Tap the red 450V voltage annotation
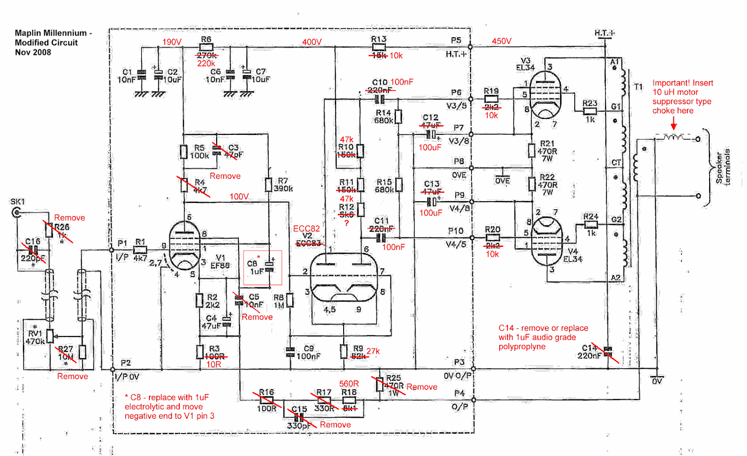(501, 41)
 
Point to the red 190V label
(171, 42)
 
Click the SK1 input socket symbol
(16, 213)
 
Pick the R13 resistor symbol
(379, 47)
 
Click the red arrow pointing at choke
(674, 124)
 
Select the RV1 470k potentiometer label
(35, 337)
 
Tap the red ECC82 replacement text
(306, 229)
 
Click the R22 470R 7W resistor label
(547, 184)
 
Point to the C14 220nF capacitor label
(589, 352)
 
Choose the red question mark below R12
(346, 224)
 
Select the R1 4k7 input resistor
(140, 250)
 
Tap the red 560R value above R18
(349, 384)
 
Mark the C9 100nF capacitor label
(309, 352)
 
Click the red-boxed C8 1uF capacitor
(262, 267)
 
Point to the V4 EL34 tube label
(572, 255)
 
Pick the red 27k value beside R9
(373, 351)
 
